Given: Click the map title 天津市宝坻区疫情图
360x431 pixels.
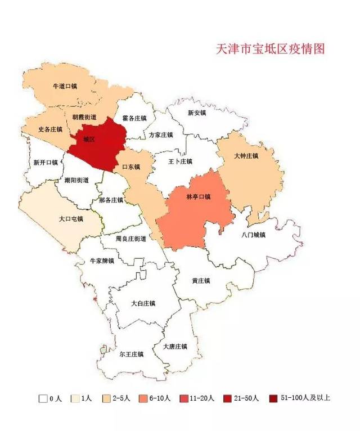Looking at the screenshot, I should point(271,49).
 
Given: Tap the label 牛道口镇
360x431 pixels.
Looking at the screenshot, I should point(64,87).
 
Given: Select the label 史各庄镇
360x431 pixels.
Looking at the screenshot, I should point(50,129).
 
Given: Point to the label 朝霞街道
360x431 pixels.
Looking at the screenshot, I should point(84,117).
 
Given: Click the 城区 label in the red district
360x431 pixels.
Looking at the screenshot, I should point(88,139).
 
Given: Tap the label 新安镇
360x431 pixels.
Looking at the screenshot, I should point(197,113).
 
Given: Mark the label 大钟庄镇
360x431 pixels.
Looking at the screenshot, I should point(246,156).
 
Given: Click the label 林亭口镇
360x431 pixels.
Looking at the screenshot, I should point(197,197).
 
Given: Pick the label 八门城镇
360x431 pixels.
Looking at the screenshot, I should point(253,235).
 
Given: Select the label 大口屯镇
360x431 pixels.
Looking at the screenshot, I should point(71,219).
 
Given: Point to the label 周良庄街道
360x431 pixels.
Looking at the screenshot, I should point(130,239).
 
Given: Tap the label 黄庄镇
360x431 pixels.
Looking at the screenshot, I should point(201,281).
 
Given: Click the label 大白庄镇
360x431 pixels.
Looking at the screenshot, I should point(143,303).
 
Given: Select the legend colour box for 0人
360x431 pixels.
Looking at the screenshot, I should point(43,398).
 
